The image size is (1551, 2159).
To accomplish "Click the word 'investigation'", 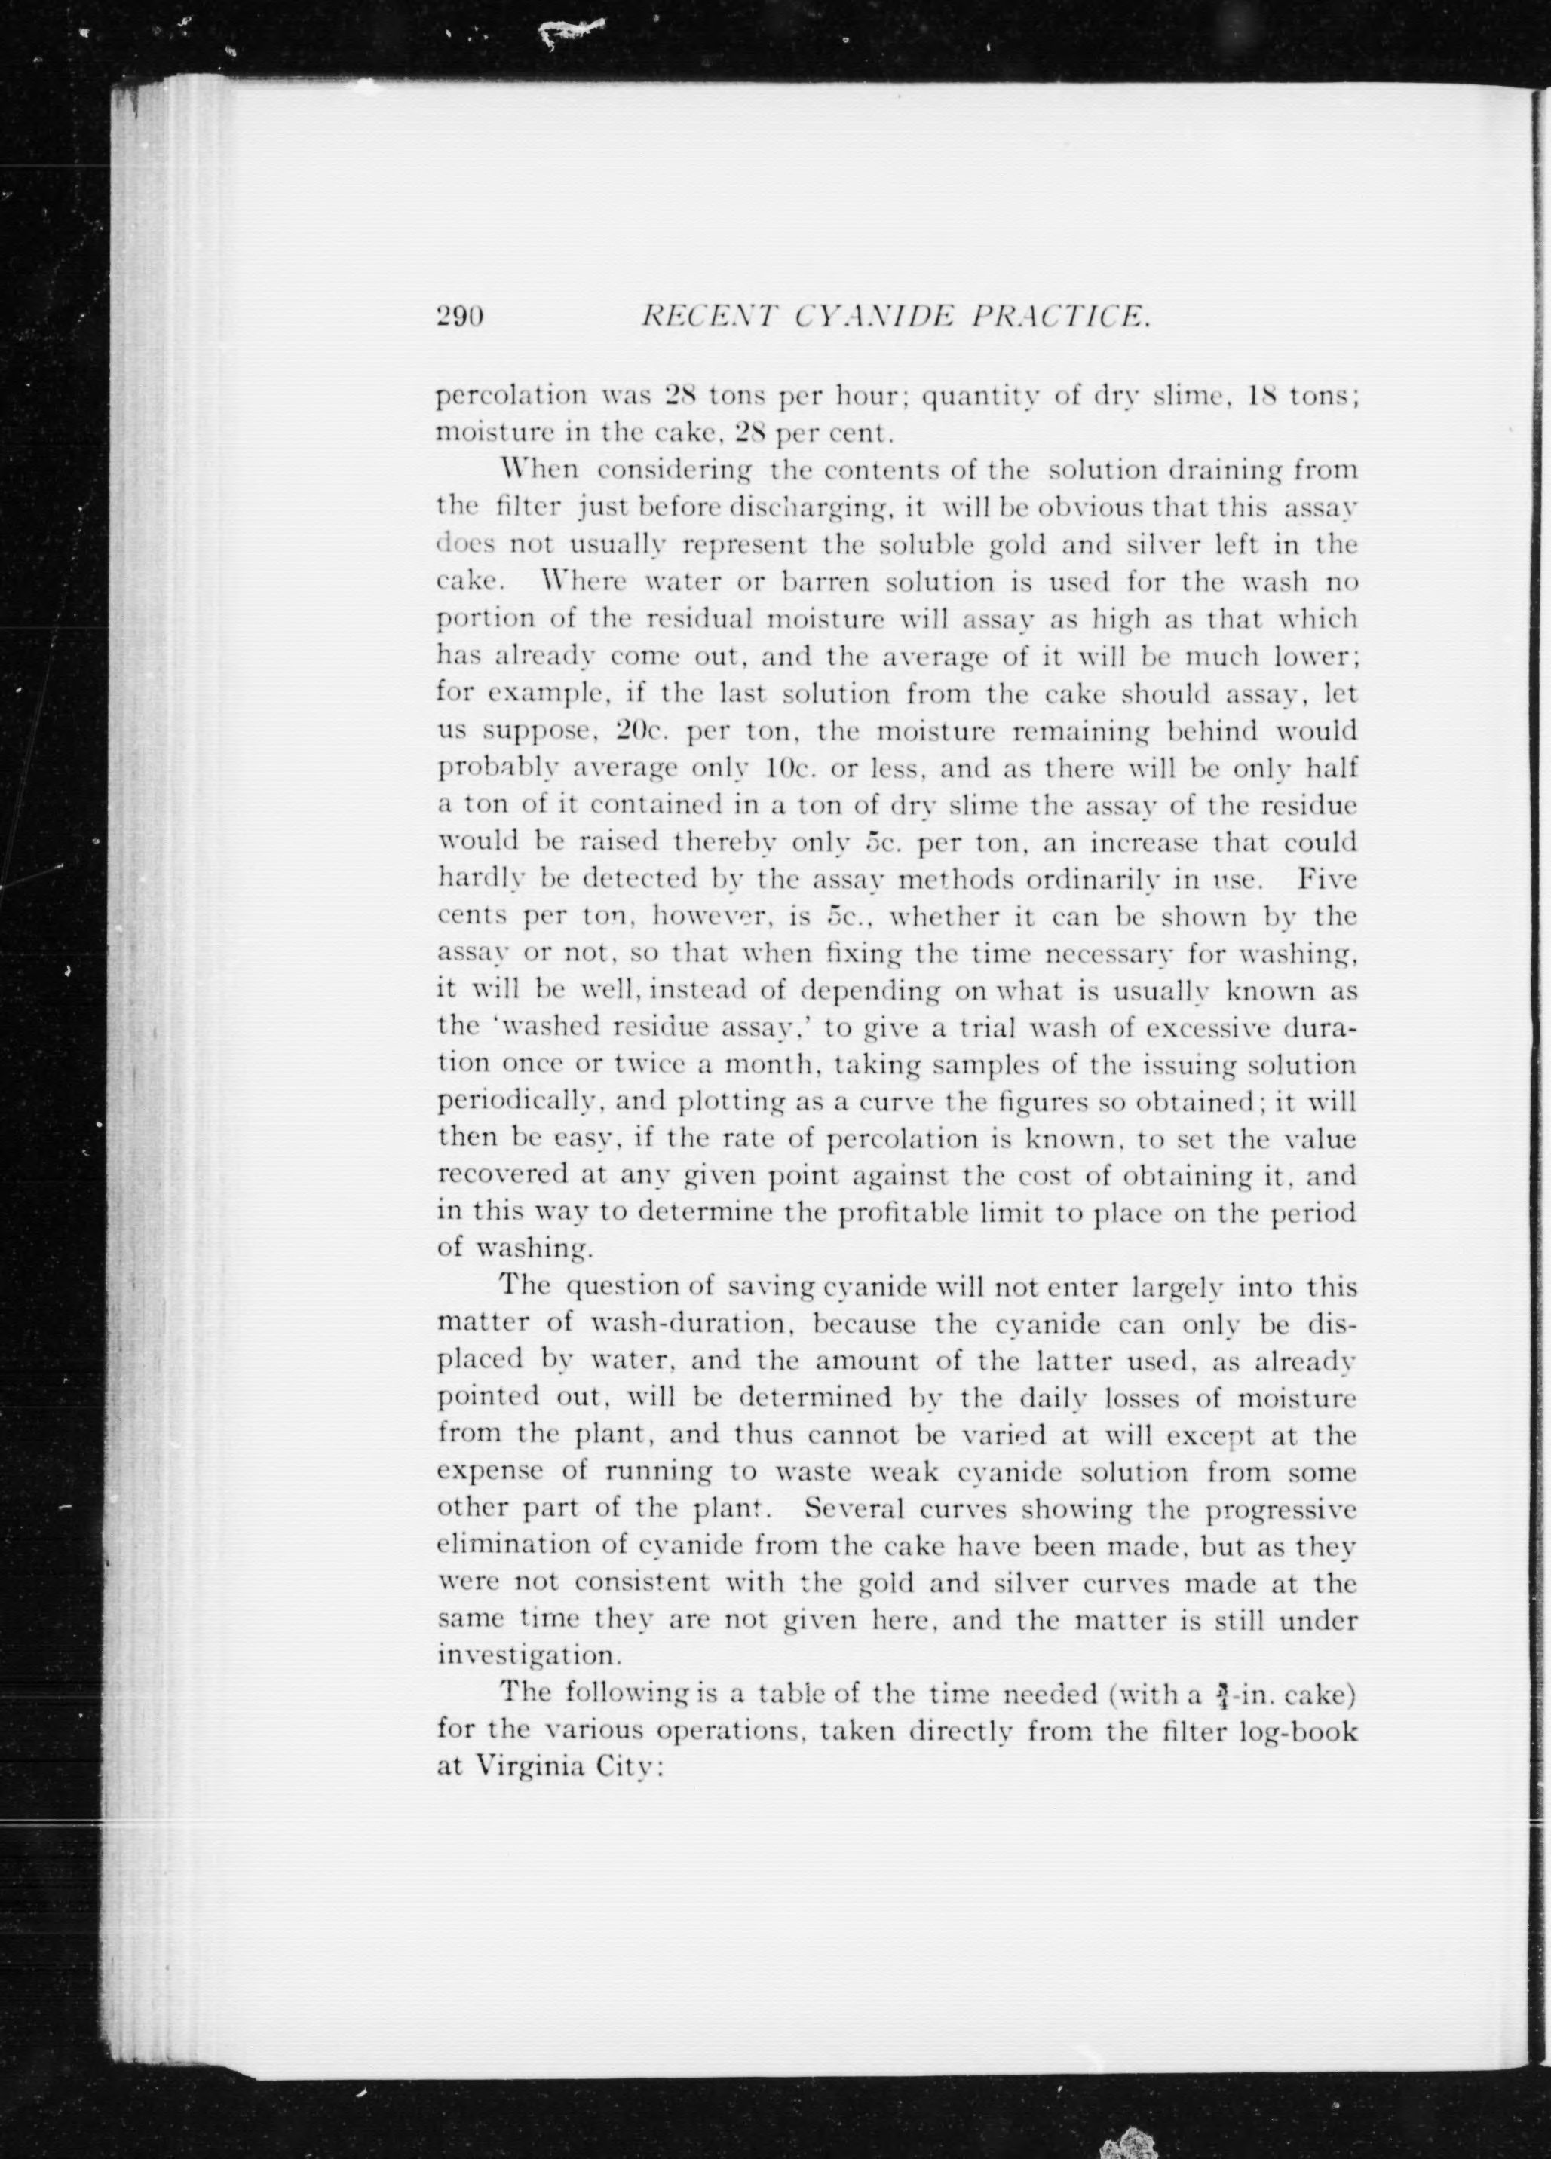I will (529, 1656).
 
